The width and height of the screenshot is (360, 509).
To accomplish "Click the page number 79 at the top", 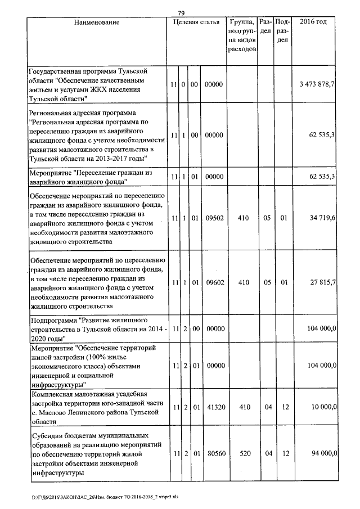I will (x=181, y=13).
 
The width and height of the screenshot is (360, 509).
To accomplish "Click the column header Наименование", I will (x=97, y=22).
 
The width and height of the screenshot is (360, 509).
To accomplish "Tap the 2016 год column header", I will (x=314, y=22).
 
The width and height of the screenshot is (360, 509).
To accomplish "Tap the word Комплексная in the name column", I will (x=53, y=393).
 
